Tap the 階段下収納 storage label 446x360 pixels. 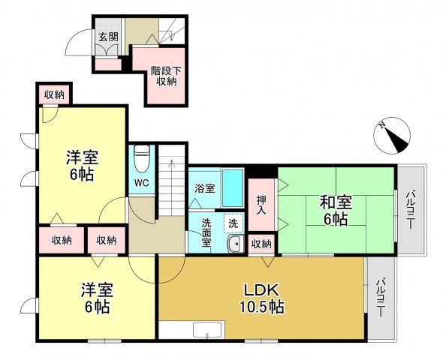167,76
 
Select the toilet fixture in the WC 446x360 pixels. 142,160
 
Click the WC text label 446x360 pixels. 141,183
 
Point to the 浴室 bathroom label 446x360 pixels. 205,188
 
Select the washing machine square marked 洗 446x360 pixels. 234,223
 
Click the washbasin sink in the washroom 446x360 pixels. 234,244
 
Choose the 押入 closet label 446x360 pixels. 261,204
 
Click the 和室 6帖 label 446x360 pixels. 335,210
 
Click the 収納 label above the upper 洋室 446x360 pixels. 53,94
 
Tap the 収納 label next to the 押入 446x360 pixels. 261,244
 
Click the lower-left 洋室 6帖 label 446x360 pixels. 96,298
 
